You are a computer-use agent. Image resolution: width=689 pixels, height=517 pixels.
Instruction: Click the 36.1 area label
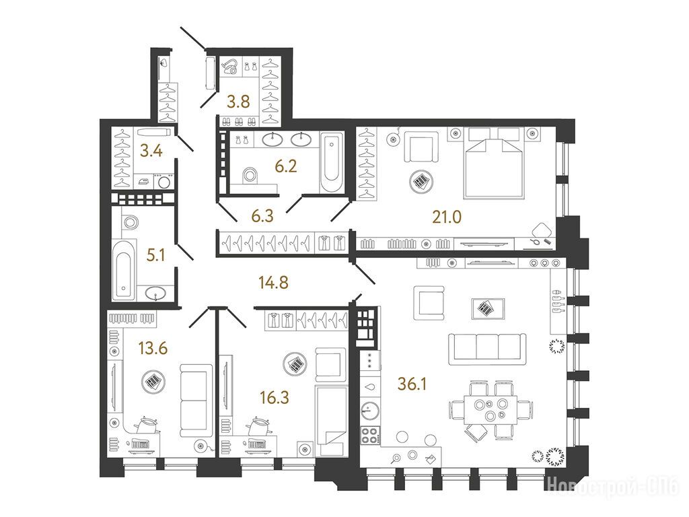coord(412,384)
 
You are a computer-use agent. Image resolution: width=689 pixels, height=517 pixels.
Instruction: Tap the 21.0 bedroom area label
coord(447,217)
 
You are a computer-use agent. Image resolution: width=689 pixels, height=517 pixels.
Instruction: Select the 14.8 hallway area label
coord(274,282)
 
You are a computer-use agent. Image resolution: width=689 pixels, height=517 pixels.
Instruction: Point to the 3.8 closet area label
coord(238,102)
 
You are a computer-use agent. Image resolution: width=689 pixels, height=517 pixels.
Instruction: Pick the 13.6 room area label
coord(153,349)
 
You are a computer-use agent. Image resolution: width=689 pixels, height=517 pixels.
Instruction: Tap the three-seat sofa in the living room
coord(487,349)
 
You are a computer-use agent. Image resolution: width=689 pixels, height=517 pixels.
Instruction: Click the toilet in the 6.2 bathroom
coord(251,175)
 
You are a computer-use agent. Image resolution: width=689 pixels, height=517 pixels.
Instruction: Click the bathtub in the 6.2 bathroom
coord(332,162)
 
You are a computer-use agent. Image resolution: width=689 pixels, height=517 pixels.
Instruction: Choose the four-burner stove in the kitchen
coord(369,435)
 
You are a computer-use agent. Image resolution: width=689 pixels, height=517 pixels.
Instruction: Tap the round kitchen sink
coord(367,411)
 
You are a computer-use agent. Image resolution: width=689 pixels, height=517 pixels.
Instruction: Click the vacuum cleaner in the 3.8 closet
coord(230,67)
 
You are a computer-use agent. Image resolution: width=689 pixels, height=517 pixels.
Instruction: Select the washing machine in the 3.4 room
coord(164,182)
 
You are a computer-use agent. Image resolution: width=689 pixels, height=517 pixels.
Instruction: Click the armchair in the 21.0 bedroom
coord(421,147)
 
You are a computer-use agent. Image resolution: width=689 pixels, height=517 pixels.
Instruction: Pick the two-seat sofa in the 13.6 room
coord(196,400)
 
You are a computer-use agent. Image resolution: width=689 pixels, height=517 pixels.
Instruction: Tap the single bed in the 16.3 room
coord(332,421)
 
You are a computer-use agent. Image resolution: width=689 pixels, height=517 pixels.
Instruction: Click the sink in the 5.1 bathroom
coord(155,292)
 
